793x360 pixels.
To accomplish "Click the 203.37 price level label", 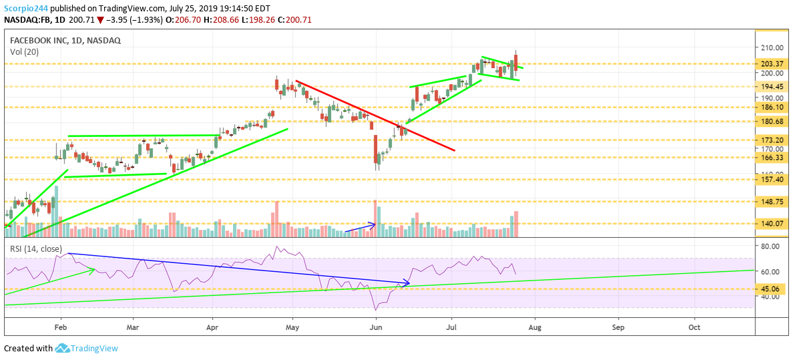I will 772,64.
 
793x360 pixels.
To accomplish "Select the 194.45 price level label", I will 772,87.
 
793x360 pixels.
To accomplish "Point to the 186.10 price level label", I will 772,108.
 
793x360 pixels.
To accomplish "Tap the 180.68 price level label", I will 772,122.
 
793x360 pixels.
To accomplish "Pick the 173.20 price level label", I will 772,140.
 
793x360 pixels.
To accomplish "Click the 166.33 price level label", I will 772,158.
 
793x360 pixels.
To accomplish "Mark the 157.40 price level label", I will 772,180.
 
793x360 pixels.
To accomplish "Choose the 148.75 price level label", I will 772,202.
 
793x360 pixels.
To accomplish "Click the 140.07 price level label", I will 772,224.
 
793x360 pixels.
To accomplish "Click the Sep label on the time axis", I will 618,327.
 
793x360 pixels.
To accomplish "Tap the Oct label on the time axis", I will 694,327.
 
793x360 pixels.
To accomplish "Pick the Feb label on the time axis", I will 61,327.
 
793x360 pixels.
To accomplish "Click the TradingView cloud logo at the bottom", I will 63,348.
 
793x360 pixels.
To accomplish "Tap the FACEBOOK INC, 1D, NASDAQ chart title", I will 65,40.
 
